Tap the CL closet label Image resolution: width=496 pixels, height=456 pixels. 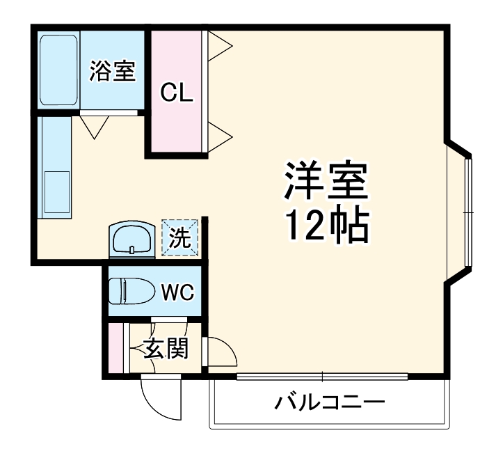[177, 92]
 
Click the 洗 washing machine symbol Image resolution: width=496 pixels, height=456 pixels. [180, 238]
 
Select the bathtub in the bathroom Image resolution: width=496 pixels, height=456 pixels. [58, 70]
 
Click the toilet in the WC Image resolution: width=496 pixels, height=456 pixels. [133, 291]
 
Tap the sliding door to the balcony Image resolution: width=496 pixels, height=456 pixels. [321, 377]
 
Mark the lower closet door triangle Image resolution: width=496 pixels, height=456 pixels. [219, 134]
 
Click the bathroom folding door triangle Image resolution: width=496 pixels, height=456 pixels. [91, 125]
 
